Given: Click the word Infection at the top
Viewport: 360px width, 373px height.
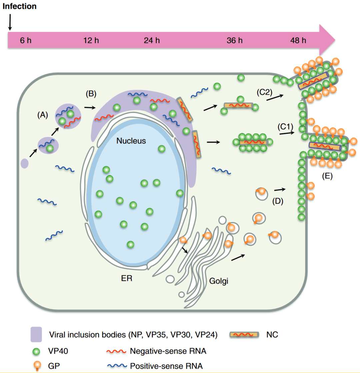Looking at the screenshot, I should coord(19,6).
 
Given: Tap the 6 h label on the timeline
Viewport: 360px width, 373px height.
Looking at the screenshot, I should coord(25,41).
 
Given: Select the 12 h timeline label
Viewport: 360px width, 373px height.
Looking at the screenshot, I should coord(91,41).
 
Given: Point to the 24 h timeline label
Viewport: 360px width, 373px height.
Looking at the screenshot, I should coord(152,41).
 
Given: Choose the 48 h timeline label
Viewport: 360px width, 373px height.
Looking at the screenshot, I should coord(298,41).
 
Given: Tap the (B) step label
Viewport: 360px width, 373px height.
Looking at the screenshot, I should coord(91,94).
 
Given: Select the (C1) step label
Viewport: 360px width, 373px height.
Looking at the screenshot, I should coord(285,127).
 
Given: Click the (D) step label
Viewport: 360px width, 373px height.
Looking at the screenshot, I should coord(278,201).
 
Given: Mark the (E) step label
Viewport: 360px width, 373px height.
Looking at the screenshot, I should coord(327,176).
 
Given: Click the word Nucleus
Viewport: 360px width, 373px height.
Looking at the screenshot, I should coord(131,141).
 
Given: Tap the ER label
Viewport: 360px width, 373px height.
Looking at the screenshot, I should coord(127,278).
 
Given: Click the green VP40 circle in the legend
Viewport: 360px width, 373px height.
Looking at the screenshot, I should coord(36,351).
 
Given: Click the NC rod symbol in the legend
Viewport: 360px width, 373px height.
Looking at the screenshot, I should coord(244,334).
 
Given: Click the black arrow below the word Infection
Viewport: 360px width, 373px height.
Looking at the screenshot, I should coord(10,22).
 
